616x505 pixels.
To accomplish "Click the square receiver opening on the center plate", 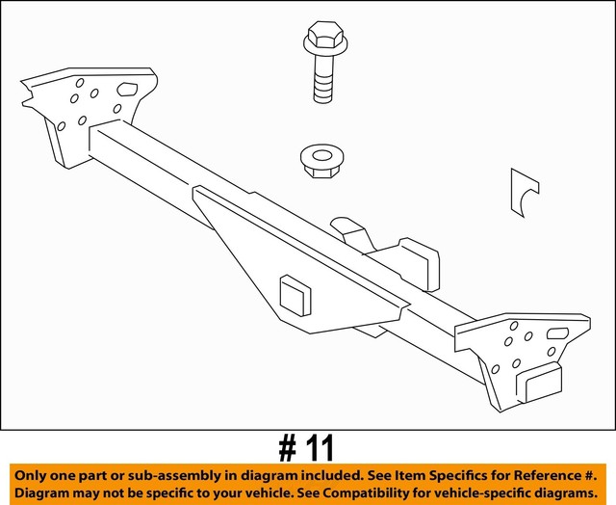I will [x=294, y=295].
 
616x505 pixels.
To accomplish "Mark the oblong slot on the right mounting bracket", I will [x=560, y=332].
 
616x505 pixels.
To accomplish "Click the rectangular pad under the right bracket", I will [x=540, y=384].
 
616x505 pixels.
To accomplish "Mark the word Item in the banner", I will [x=410, y=476].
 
